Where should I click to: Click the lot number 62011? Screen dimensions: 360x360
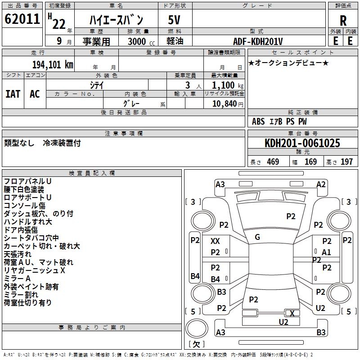22,19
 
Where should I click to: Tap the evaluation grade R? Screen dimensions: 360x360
343,20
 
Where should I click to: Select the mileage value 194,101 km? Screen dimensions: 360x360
52,64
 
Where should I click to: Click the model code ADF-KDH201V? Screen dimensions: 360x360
258,41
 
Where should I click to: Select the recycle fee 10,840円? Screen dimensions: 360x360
224,104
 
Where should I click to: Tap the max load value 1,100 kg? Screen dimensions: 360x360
224,85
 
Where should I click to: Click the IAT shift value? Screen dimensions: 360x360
13,94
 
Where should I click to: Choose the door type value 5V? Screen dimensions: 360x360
175,20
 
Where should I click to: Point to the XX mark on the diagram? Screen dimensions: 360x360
216,241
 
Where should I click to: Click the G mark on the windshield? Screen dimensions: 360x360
257,237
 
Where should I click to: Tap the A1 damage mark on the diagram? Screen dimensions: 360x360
326,252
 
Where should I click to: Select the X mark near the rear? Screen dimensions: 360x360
292,313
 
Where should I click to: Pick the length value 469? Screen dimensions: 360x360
273,162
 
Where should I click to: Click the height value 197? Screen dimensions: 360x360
346,162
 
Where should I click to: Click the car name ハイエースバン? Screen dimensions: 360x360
116,20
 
